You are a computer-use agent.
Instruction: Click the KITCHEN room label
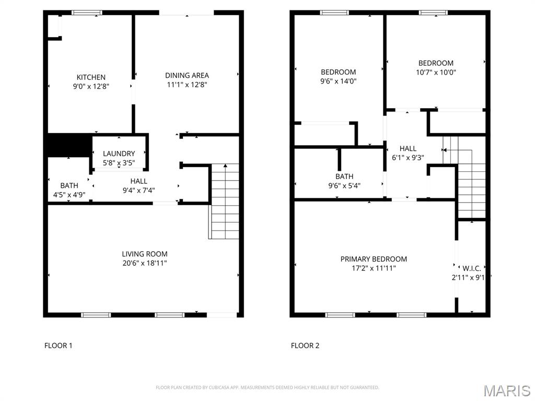coord(91,77)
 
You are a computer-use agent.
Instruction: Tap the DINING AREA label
coord(187,75)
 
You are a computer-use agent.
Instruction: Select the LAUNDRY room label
coord(119,154)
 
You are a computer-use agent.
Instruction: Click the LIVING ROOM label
coord(145,254)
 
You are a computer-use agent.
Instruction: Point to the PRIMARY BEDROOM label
coord(374,259)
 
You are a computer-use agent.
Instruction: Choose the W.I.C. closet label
coord(471,269)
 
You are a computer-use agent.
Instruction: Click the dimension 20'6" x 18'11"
coord(145,263)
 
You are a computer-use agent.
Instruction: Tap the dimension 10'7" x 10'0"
coord(436,73)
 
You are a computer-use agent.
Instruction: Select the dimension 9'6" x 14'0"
coord(339,81)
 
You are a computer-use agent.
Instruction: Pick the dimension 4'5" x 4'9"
coord(69,194)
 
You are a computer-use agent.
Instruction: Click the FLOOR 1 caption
coord(58,345)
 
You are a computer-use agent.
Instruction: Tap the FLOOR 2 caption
coord(305,345)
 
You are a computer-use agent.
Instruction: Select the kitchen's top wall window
coord(87,13)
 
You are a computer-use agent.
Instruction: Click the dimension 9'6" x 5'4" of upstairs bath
coord(344,185)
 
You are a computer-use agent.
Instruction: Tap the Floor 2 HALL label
coord(408,148)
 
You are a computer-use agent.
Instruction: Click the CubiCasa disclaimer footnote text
coord(267,387)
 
